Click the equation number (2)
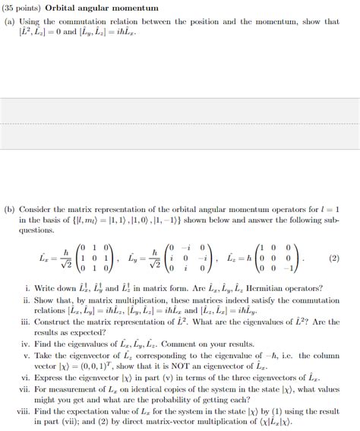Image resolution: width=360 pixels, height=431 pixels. pyautogui.click(x=333, y=258)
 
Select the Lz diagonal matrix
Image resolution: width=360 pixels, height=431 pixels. pyautogui.click(x=282, y=258)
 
